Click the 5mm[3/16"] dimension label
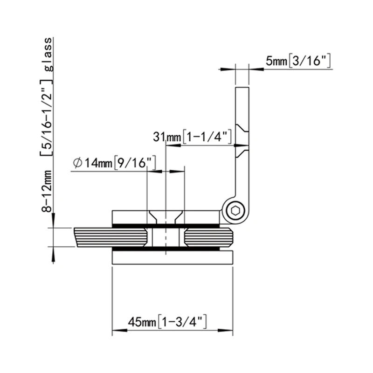298,61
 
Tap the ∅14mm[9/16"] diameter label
114,163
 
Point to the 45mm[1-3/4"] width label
167,322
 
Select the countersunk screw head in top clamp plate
166,216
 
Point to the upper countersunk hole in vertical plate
242,128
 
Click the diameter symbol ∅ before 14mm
78,163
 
